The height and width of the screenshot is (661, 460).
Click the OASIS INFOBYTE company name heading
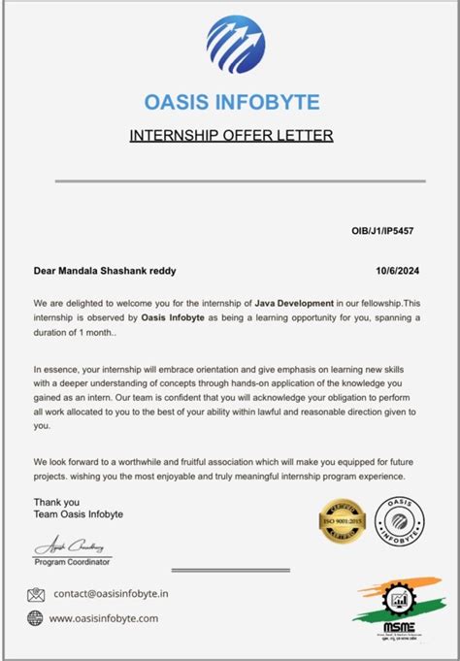(231, 102)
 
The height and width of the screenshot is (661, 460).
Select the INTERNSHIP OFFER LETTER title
(231, 135)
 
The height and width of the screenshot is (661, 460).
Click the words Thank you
(52, 501)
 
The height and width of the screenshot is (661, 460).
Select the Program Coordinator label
(72, 562)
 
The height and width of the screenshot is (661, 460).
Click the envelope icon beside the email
(36, 594)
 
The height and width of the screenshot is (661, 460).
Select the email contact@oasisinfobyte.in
(112, 593)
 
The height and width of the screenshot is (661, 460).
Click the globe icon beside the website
(36, 617)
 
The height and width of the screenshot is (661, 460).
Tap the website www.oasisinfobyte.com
(103, 617)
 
